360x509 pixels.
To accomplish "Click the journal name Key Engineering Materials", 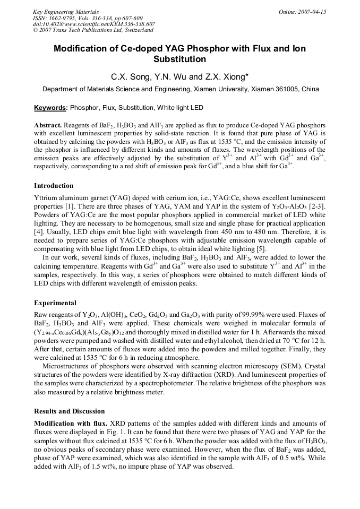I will point(65,12).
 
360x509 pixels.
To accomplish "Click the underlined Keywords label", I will point(51,108).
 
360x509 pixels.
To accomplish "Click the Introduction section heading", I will point(54,186).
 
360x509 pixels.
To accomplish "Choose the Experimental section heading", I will point(55,303).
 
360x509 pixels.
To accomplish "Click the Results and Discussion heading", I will point(70,411).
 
